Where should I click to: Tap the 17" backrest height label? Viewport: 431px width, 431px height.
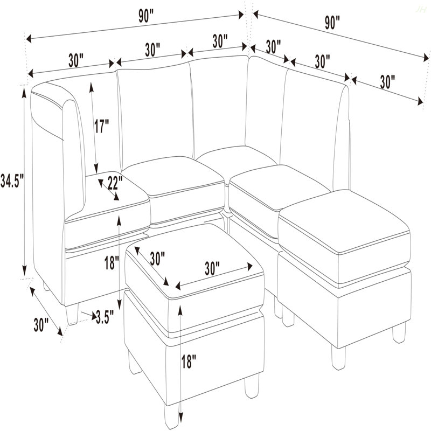click(102, 126)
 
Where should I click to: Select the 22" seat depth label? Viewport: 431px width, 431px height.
click(115, 183)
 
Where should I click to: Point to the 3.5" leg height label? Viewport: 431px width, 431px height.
click(105, 317)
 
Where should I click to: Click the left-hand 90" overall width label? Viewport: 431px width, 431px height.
click(145, 17)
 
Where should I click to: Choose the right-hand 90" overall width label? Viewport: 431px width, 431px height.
click(332, 22)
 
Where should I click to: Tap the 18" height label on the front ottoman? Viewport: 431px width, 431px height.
click(189, 361)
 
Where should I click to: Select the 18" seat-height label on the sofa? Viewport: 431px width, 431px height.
click(112, 262)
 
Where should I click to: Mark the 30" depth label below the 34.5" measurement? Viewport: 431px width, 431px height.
click(41, 325)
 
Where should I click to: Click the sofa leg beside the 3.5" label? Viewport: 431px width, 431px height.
click(72, 314)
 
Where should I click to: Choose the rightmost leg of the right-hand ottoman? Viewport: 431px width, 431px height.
click(399, 332)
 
